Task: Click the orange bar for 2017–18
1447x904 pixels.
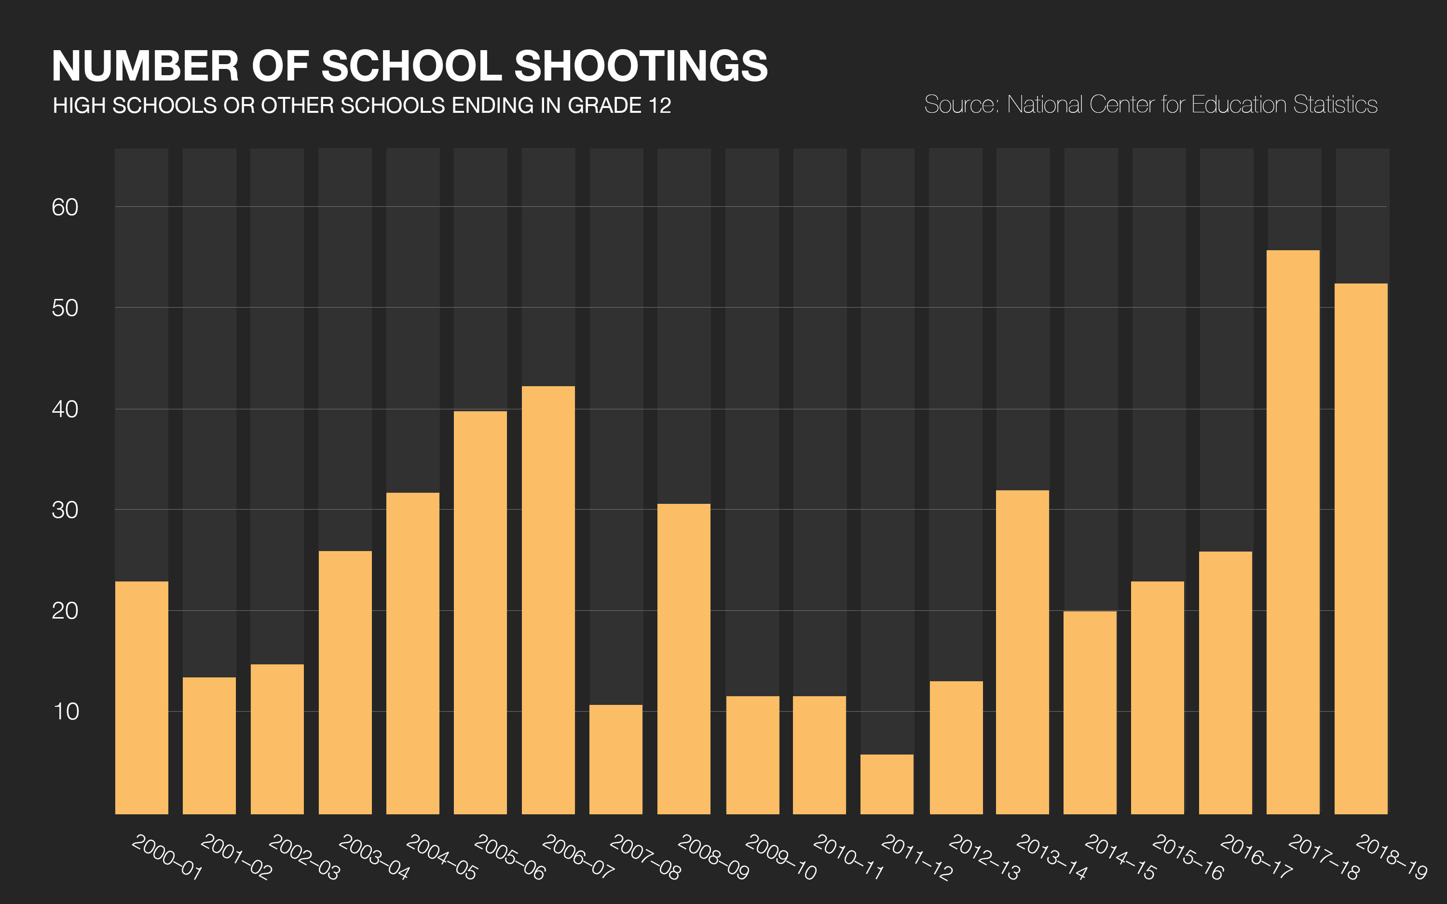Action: pos(1293,532)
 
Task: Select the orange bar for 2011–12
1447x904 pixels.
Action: pos(887,784)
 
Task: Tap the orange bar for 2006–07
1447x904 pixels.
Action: pos(548,600)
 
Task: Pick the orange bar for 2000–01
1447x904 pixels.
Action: pos(142,697)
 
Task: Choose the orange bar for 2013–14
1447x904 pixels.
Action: pos(1023,652)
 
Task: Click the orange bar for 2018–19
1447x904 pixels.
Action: pos(1361,548)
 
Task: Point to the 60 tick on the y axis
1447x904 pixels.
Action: pos(65,207)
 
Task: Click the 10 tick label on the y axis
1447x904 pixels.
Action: pos(66,712)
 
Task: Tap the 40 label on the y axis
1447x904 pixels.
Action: pos(65,409)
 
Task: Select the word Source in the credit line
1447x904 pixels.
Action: pos(960,105)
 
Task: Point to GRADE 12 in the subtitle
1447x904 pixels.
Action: pos(619,106)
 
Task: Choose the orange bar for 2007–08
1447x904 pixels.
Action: pos(616,759)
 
